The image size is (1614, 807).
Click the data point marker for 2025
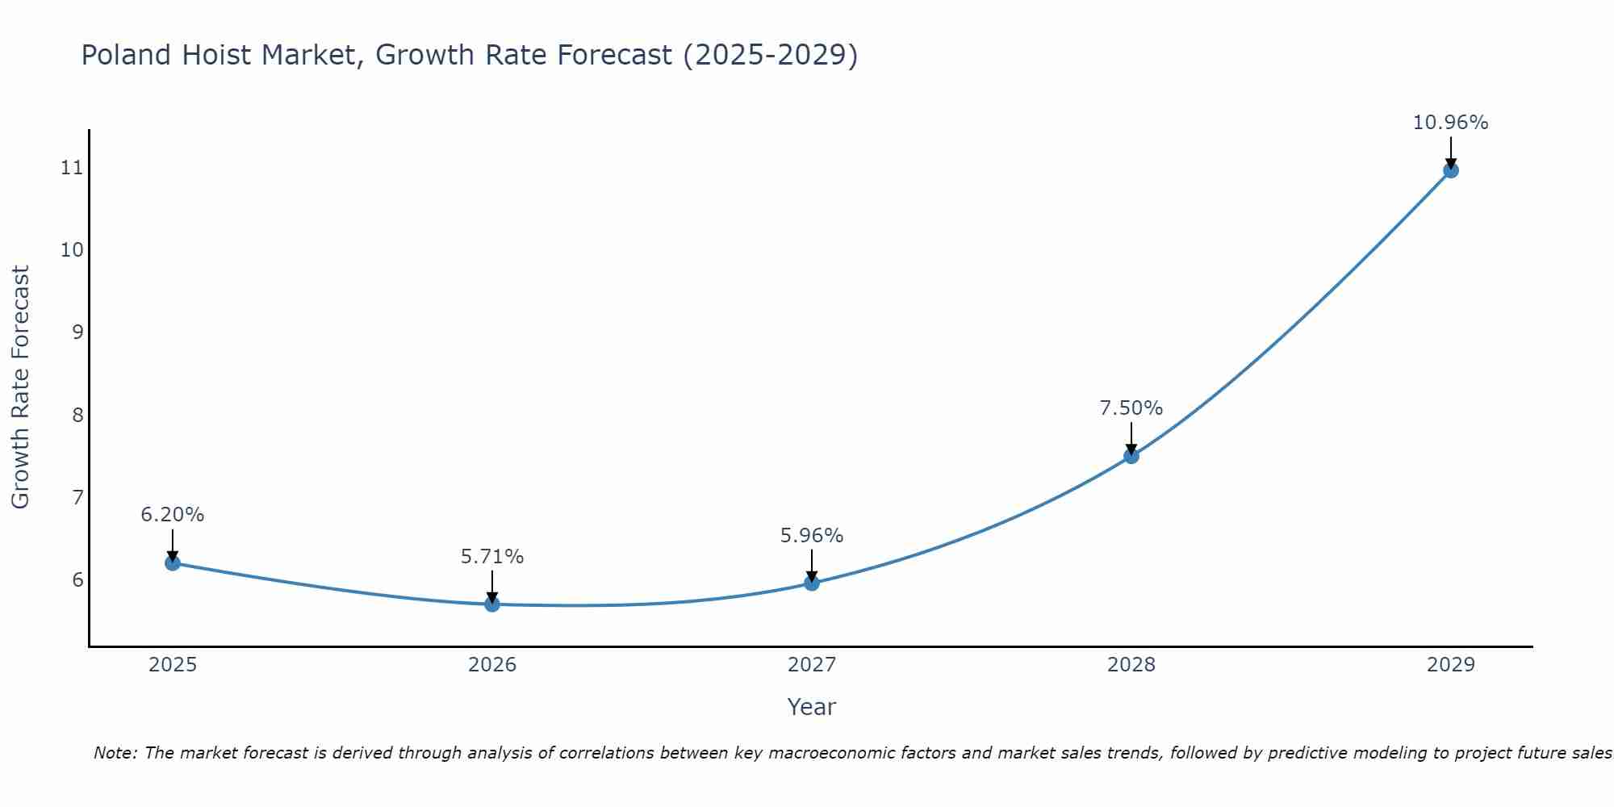click(173, 562)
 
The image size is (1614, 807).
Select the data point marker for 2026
click(492, 604)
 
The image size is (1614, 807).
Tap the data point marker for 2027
click(812, 583)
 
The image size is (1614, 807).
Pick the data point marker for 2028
click(1131, 456)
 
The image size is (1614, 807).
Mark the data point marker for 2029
click(1450, 170)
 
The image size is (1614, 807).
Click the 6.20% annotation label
click(173, 515)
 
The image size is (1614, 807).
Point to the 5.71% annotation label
click(492, 557)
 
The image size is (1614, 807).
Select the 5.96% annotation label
click(812, 536)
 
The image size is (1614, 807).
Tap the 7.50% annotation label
click(1131, 408)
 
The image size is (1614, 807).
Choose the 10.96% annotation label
click(1450, 123)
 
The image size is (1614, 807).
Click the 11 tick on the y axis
click(72, 168)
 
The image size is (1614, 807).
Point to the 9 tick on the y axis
click(77, 332)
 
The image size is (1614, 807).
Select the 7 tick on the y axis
click(77, 497)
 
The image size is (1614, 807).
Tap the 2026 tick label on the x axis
click(492, 665)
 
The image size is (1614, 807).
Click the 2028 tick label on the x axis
click(1131, 665)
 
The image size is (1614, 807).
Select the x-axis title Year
click(812, 707)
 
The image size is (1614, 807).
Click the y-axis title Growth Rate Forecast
click(20, 387)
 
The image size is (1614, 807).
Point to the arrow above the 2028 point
click(1131, 438)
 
